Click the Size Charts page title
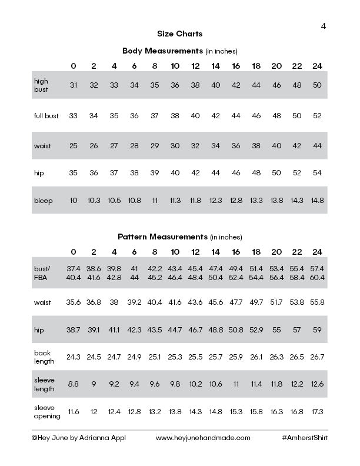(180, 34)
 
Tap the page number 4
(324, 26)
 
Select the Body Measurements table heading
(180, 51)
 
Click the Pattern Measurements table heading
(180, 237)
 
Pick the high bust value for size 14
(216, 85)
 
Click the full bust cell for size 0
(74, 116)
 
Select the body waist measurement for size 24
(318, 145)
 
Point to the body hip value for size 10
(175, 173)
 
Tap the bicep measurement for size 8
(155, 201)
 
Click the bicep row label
(44, 201)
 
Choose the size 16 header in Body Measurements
(236, 65)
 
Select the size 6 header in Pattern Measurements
(134, 252)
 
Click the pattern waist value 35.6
(74, 302)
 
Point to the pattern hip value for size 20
(276, 330)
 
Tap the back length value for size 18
(256, 357)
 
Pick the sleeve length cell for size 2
(94, 384)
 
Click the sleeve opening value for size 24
(318, 412)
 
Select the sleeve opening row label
(47, 412)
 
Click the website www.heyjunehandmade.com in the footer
(203, 438)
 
